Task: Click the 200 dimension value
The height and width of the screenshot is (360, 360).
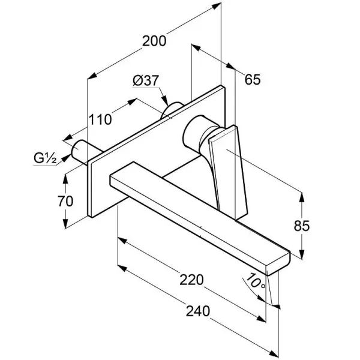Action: (154, 41)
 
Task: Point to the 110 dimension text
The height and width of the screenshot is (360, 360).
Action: (100, 119)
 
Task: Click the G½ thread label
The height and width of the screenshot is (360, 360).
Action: (44, 158)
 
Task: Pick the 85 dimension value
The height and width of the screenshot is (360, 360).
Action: (319, 226)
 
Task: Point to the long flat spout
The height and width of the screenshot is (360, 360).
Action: (198, 210)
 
